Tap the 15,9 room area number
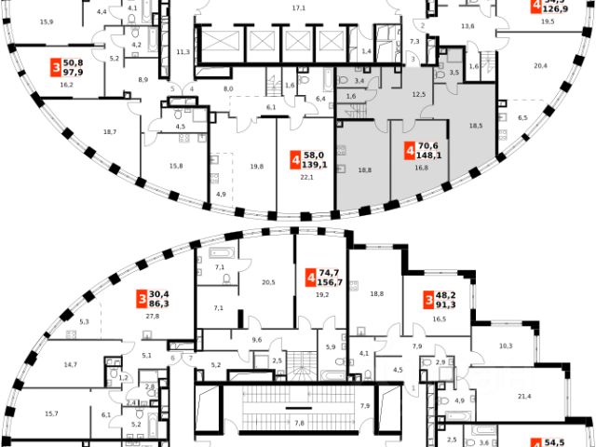click(x=45, y=20)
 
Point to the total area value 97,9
click(x=74, y=74)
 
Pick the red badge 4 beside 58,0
click(x=295, y=160)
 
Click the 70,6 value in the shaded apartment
click(x=428, y=145)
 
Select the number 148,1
click(x=428, y=156)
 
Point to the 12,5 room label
click(x=418, y=94)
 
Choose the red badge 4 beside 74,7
click(x=309, y=278)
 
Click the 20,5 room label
click(x=269, y=282)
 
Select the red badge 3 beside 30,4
click(x=142, y=297)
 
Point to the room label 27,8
click(x=152, y=317)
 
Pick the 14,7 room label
click(x=70, y=366)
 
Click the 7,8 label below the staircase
click(x=299, y=423)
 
